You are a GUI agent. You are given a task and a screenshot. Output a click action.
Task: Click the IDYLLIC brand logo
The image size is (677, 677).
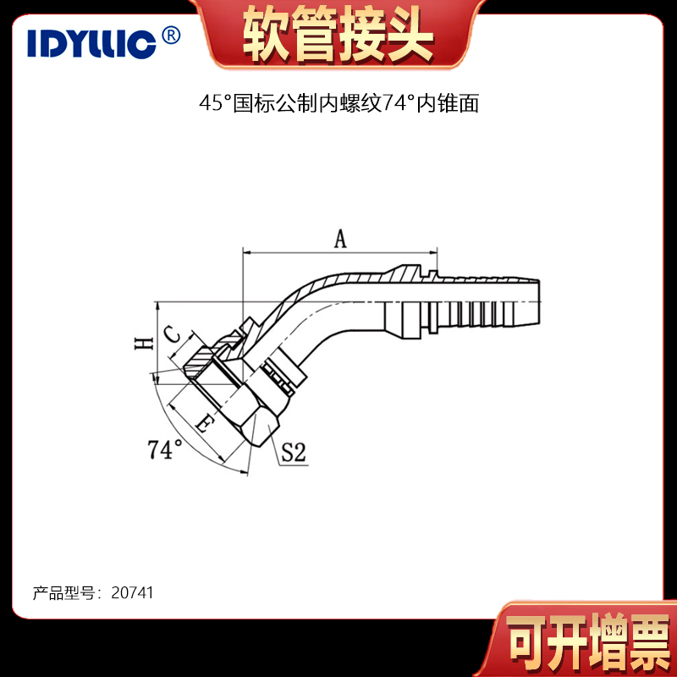91,44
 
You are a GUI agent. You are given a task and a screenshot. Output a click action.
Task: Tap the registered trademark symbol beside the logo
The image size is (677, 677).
171,36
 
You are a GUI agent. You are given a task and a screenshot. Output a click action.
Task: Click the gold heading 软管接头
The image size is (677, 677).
338,35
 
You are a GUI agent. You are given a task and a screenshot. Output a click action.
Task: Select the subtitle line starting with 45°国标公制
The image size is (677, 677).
339,103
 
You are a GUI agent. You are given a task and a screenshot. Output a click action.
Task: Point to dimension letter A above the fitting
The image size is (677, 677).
341,239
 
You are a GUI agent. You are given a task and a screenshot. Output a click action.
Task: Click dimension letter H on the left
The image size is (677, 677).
144,344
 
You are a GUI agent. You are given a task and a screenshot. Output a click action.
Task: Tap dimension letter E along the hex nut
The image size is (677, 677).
204,424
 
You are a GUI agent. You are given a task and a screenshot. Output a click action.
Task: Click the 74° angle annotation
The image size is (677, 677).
165,449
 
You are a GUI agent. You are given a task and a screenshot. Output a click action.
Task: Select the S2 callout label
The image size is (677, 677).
294,453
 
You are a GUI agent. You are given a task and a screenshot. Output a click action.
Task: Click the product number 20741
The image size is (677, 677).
132,593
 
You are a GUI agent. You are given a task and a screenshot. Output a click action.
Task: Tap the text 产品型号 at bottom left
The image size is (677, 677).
63,593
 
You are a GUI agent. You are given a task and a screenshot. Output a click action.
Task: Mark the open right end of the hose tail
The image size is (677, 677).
539,302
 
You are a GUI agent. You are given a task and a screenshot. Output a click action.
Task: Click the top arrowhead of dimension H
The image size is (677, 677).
158,305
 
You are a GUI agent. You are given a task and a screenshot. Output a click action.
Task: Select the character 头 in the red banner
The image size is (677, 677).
410,35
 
